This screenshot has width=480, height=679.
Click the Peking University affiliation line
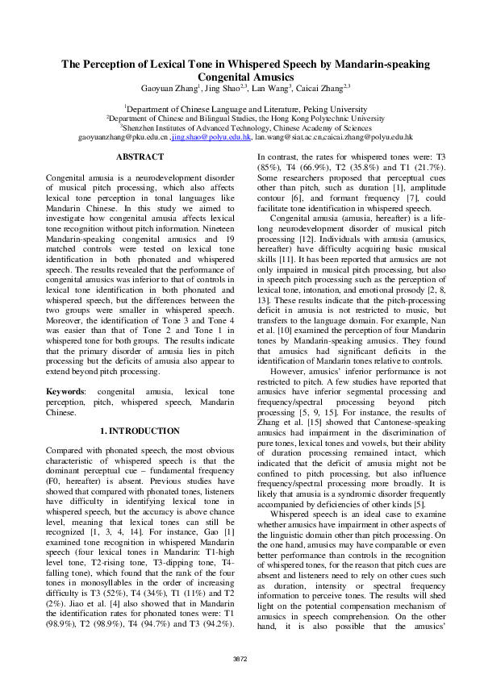coord(240,107)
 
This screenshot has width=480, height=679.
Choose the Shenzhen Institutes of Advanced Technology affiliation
coord(240,127)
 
